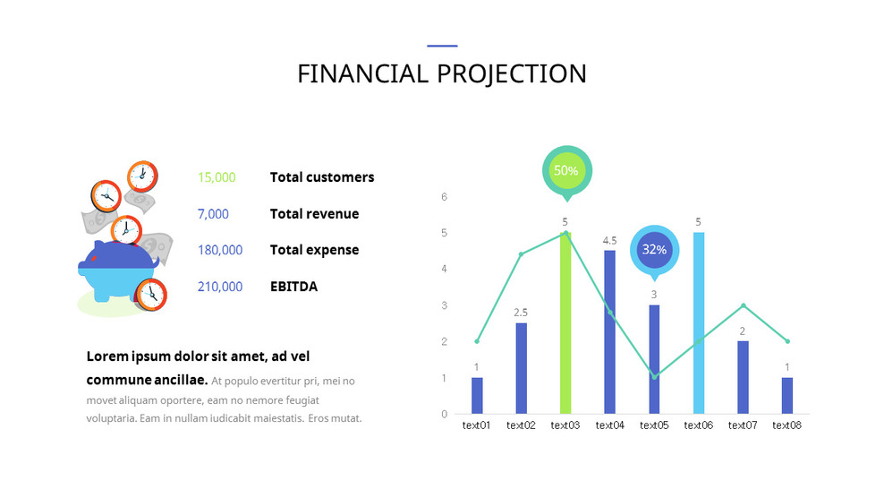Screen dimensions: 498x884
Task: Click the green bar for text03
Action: [x=565, y=322]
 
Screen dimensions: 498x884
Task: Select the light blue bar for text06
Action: [x=699, y=322]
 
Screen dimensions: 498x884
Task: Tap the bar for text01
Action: [x=477, y=395]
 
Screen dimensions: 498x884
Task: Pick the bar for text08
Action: [x=787, y=395]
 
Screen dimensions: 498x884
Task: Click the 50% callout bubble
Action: [x=566, y=170]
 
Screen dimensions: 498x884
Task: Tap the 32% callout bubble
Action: [x=655, y=249]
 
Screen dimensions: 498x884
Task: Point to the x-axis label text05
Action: [x=654, y=425]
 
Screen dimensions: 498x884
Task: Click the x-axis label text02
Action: [x=521, y=425]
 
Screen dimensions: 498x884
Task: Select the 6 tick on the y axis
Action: [x=444, y=197]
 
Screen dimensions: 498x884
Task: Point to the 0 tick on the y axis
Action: [x=444, y=414]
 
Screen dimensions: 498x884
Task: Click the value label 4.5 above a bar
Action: [x=610, y=240]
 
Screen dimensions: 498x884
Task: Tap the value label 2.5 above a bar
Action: [x=521, y=313]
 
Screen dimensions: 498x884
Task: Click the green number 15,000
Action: [x=217, y=177]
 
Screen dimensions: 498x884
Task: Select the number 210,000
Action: [x=220, y=287]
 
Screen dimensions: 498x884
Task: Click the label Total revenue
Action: [x=314, y=214]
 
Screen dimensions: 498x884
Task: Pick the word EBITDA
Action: [x=293, y=287]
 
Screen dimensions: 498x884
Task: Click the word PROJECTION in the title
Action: [x=511, y=73]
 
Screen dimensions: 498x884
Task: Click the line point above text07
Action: [x=743, y=305]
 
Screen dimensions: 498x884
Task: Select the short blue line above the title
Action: [x=442, y=46]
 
